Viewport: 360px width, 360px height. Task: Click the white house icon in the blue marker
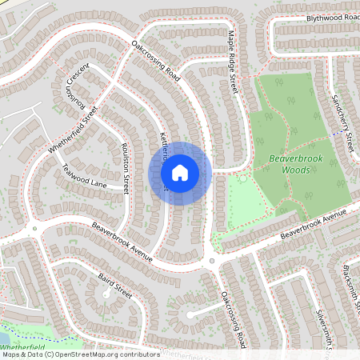[x=180, y=172]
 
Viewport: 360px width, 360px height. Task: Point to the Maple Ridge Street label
[x=233, y=61]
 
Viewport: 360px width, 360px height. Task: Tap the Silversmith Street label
[x=323, y=330]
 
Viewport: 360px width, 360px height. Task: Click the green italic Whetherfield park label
[x=22, y=350]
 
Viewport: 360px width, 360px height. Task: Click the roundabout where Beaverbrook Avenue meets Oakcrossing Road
[x=212, y=261]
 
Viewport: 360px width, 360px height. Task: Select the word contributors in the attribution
[x=138, y=354]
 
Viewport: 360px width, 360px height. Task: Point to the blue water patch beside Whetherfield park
[x=6, y=330]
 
